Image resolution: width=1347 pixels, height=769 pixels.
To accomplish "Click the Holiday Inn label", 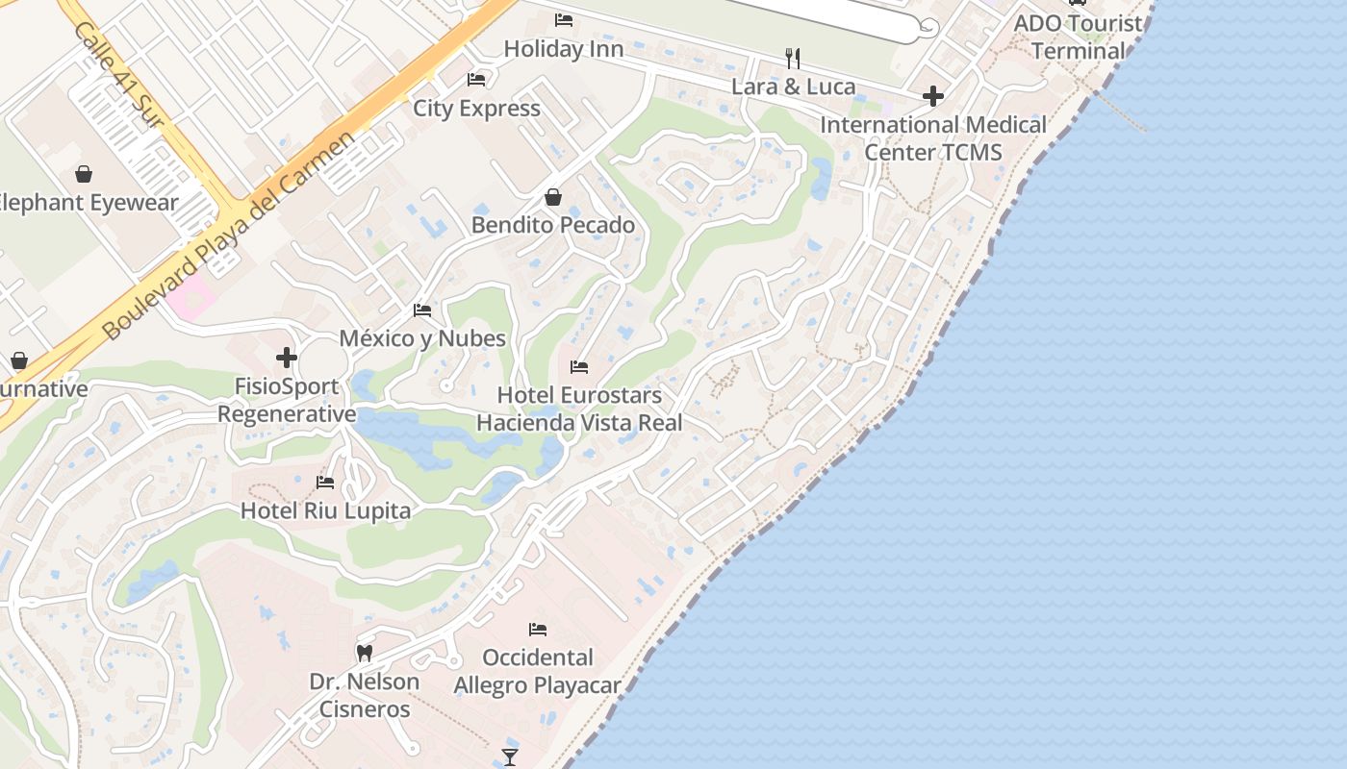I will pos(563,48).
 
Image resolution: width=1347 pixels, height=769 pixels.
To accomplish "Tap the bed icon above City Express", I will pos(475,79).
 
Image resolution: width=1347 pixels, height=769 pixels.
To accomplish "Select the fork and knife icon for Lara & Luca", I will pos(793,59).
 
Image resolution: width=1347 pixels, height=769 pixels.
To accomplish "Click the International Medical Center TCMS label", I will pos(932,138).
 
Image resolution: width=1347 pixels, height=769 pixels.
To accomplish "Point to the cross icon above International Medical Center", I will pos(932,96).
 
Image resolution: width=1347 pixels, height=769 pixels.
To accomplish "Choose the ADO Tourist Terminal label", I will pos(1078,37).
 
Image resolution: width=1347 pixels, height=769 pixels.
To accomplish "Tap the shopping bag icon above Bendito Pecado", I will pos(553,197).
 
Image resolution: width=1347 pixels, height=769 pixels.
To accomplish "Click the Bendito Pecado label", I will pos(553,225).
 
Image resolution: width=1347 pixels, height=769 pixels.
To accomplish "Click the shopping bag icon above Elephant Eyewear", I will pos(84,174).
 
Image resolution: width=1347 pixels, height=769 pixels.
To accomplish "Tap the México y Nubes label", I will pos(422,338).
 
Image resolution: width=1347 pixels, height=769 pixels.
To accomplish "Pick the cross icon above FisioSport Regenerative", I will pos(287,358).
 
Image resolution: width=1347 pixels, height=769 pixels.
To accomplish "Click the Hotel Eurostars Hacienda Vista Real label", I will pos(579,409).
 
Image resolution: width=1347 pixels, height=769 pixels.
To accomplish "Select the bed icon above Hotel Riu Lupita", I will pos(325,483).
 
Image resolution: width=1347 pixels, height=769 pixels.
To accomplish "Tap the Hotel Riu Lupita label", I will pos(325,510).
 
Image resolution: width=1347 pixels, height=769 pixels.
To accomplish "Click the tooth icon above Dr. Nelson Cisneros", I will pos(364,654).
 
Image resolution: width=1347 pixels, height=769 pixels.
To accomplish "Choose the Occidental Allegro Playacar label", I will pos(538,671).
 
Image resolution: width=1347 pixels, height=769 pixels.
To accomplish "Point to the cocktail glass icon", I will pos(510,757).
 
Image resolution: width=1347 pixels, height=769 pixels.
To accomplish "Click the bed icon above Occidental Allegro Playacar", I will pos(538,630).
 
